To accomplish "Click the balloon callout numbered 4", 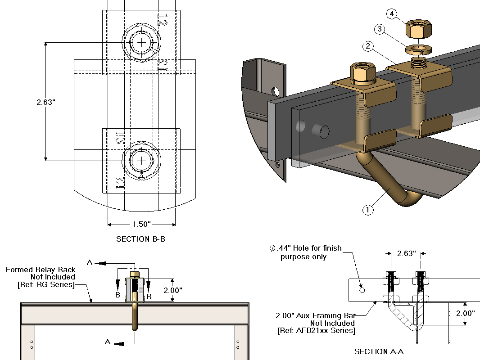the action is (x=392, y=14).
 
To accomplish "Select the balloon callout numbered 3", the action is (x=380, y=29).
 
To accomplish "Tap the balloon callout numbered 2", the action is (x=368, y=46).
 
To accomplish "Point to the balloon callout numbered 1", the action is (x=367, y=210).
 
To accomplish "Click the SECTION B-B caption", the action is (x=140, y=239).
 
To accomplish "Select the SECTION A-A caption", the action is (x=379, y=352).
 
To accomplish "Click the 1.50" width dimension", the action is (x=141, y=224).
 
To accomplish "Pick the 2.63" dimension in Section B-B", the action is (x=46, y=102).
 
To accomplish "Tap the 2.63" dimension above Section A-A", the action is (x=407, y=253).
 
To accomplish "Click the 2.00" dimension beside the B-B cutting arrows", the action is (x=172, y=290).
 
